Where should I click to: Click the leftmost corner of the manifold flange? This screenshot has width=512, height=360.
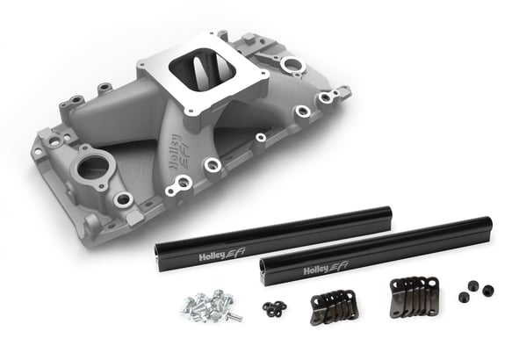pyautogui.click(x=34, y=153)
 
